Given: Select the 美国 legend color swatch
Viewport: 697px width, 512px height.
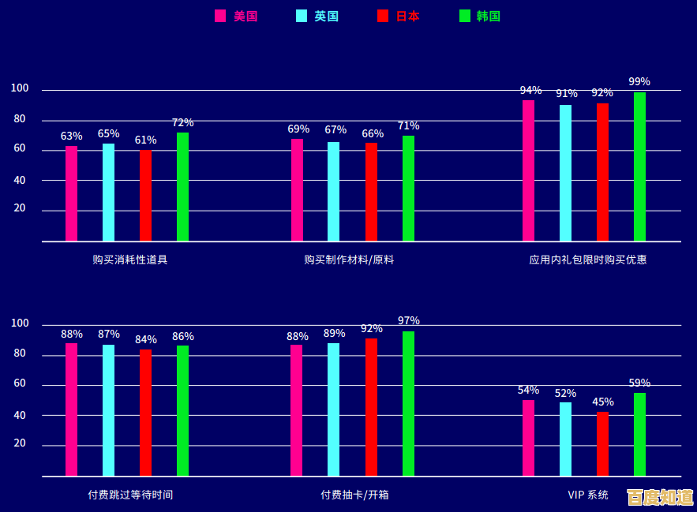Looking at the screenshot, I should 220,16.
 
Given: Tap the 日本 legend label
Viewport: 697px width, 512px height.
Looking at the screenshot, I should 407,16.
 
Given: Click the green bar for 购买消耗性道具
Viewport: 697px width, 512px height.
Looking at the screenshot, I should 182,187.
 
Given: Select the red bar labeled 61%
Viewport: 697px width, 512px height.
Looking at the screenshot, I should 145,196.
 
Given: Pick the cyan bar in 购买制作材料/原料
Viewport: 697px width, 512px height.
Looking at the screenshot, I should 334,192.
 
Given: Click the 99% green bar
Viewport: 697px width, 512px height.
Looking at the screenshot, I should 639,166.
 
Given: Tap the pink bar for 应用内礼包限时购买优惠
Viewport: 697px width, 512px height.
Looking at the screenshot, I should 528,170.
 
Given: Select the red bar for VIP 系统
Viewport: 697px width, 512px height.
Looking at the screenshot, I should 602,444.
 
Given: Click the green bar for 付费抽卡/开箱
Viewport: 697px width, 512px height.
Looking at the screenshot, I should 408,404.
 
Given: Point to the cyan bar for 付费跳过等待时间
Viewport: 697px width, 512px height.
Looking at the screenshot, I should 108,410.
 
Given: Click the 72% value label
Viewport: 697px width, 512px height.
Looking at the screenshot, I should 182,123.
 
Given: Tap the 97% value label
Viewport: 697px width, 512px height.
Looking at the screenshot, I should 408,320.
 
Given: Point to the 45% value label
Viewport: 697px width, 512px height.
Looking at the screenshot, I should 602,402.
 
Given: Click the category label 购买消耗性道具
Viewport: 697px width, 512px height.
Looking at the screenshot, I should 129,260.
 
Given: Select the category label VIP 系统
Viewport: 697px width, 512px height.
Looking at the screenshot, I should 588,495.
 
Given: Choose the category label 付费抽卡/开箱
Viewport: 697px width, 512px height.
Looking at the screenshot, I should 354,495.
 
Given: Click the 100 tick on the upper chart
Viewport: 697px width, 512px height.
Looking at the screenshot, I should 20,89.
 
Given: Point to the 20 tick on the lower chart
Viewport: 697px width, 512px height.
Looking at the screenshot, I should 20,444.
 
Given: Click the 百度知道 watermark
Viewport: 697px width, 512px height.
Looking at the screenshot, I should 660,497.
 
